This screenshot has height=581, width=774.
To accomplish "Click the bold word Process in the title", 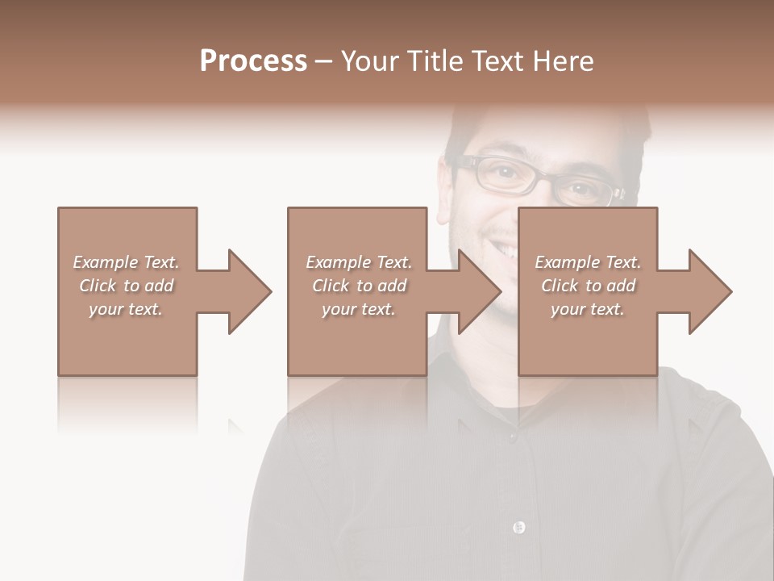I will [253, 61].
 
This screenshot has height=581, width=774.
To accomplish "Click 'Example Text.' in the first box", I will [126, 262].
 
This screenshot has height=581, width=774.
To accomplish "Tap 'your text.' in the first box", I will [126, 309].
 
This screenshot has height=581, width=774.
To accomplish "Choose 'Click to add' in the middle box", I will [359, 286].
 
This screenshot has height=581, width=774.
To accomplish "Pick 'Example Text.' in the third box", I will [588, 262].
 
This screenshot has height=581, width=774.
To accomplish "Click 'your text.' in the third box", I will [588, 309].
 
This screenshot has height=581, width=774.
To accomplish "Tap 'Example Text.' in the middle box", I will [359, 262].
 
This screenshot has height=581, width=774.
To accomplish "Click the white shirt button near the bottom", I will [518, 528].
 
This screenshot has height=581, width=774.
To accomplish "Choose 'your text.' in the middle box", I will [359, 309].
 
